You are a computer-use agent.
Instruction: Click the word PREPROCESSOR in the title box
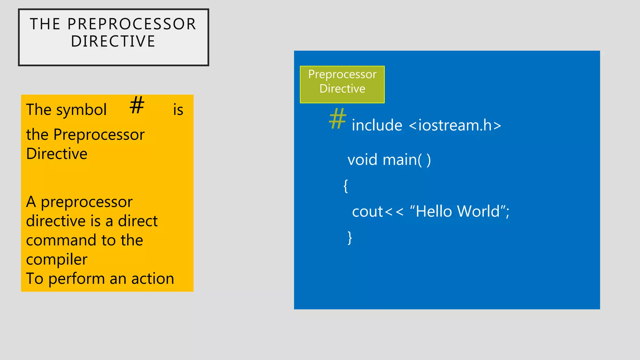coord(132,24)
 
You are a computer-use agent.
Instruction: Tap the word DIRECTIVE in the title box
coord(113,42)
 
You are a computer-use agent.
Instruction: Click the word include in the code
coord(377,125)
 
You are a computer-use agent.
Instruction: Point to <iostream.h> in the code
coord(455,125)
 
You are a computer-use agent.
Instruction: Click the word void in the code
coord(362,160)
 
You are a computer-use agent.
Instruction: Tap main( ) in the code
coord(407,160)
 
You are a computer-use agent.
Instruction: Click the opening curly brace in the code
coord(346,186)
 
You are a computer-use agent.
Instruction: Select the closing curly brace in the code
coord(350,238)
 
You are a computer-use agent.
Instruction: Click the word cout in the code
coord(367,212)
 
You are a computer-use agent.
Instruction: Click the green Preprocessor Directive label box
coord(342,84)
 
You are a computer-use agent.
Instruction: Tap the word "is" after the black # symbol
coord(178,110)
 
